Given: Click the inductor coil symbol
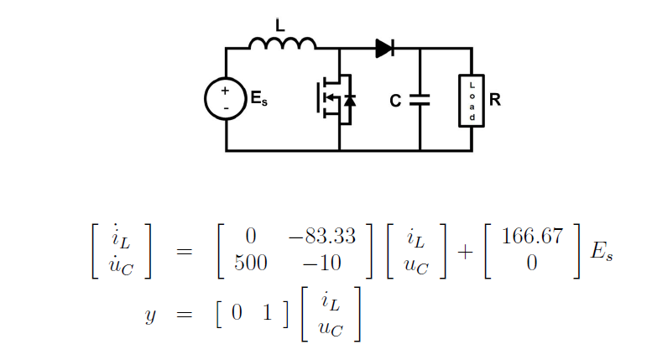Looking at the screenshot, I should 283,43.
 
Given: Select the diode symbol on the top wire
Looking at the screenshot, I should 384,49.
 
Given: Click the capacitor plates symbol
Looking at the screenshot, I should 420,100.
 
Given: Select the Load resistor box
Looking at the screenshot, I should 472,100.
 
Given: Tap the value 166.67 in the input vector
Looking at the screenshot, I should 531,236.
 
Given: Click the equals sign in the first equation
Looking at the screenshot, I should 189,250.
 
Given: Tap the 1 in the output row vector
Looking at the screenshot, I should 268,312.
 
